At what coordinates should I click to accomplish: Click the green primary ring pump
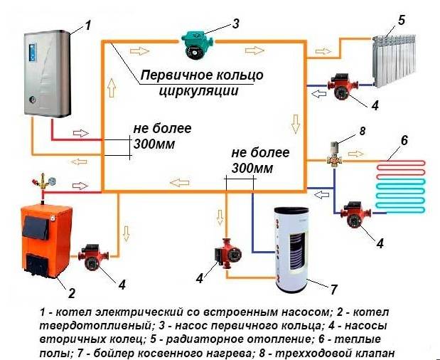point(193,41)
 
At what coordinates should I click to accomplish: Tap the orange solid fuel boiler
point(42,238)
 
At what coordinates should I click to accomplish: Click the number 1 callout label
point(88,26)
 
